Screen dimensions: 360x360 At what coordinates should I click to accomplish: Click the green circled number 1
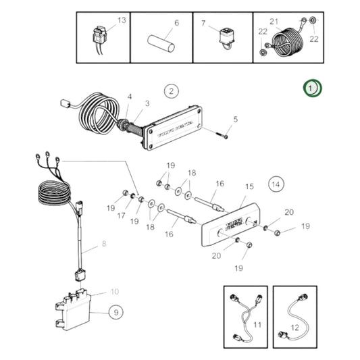pos(312,88)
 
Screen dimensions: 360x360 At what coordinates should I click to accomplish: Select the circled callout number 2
pos(171,91)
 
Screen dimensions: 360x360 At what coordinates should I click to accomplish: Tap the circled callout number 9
pos(115,313)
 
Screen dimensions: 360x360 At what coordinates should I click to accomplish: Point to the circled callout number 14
pos(275,183)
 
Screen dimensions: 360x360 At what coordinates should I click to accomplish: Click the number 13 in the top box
pos(122,20)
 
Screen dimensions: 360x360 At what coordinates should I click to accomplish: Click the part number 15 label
pos(249,186)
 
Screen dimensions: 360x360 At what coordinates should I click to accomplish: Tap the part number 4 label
pos(130,97)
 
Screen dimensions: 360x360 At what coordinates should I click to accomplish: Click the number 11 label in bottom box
pos(256,326)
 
